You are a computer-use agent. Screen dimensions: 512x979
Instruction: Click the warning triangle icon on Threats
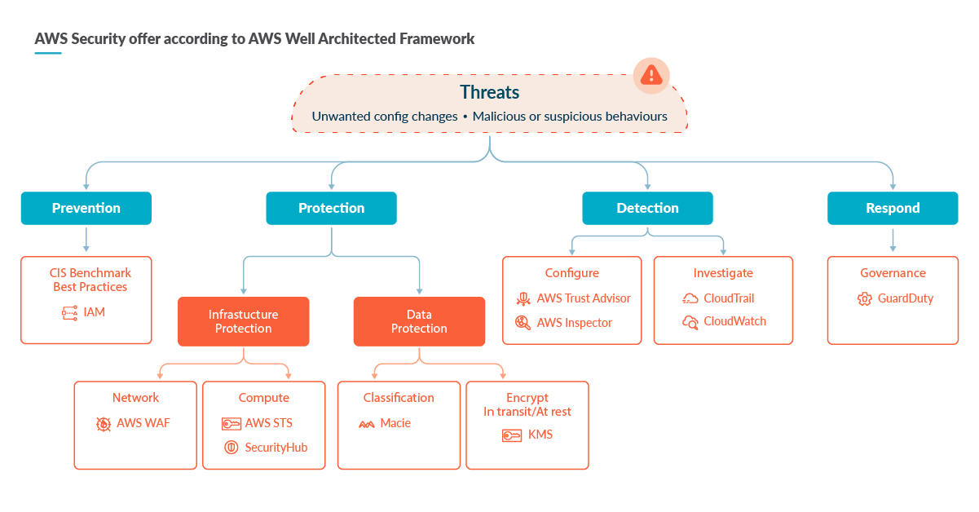651,76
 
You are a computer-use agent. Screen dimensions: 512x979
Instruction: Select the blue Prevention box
86,208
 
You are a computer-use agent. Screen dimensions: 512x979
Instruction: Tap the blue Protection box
331,208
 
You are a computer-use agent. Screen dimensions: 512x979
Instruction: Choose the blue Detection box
647,208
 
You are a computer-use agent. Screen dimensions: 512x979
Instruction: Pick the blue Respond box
893,208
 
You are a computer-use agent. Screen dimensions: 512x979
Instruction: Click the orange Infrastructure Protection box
243,321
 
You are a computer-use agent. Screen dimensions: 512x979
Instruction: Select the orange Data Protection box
419,321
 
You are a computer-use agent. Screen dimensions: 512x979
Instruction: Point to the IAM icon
68,312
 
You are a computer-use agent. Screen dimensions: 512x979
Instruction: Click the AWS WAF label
143,423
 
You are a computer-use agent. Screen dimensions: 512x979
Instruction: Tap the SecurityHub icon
231,447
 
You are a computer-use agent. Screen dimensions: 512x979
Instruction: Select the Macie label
395,423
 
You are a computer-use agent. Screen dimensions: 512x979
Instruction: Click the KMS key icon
512,435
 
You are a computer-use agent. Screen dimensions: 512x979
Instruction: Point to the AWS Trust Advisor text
584,298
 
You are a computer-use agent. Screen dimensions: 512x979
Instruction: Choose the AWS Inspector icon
523,323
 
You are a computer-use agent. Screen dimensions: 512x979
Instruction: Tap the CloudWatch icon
690,322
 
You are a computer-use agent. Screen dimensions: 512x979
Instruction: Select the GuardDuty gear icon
865,299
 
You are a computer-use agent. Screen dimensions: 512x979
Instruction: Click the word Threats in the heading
489,92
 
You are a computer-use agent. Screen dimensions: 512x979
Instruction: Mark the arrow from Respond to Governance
893,240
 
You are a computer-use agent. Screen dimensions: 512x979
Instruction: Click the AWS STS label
268,423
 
